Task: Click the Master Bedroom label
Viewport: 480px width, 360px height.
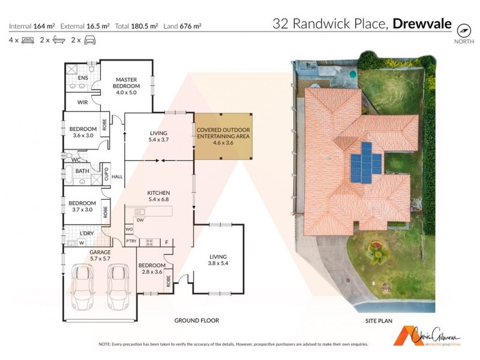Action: click(126, 86)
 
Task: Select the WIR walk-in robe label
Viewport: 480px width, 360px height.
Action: click(83, 102)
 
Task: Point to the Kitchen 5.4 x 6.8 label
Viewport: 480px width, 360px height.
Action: click(159, 196)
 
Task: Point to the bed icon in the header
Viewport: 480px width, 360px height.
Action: click(28, 40)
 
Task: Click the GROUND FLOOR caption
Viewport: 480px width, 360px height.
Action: click(196, 321)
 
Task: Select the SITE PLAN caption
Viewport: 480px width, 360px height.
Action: click(379, 321)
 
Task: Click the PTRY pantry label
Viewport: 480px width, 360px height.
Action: click(131, 242)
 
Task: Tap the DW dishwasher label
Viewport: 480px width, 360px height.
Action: click(139, 220)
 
